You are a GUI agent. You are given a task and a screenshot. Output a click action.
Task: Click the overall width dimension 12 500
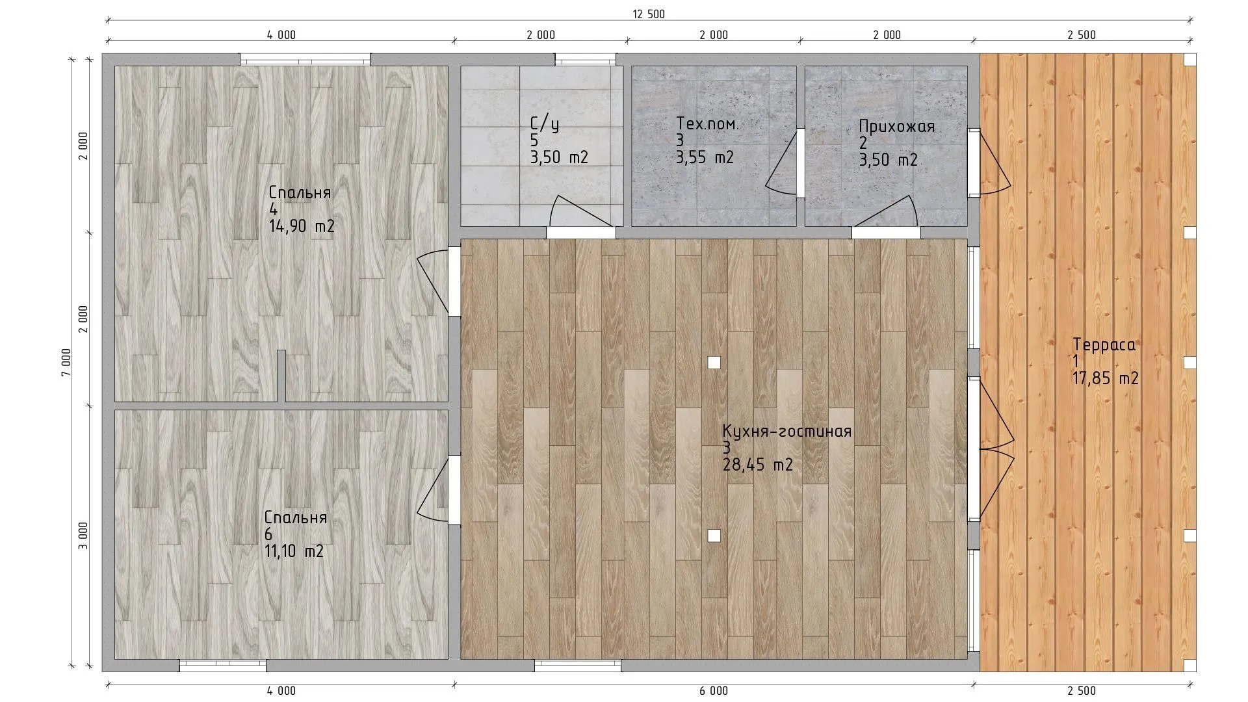648,14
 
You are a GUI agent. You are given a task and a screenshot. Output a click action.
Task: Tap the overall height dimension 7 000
66,363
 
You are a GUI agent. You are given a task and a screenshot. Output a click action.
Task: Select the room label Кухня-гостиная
786,432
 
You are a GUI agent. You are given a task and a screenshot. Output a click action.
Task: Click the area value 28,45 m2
758,465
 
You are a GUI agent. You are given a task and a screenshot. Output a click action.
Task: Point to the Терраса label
1104,345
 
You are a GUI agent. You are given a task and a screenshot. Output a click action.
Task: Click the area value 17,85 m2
1106,378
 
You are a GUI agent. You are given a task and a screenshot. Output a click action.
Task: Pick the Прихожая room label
897,127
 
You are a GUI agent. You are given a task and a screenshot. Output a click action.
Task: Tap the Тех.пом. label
707,123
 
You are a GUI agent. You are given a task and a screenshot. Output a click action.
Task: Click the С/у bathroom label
545,124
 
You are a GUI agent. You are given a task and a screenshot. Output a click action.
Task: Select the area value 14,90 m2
302,226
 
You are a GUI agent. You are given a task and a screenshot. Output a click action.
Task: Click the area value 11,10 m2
294,551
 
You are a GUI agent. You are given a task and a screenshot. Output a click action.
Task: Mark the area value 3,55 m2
705,157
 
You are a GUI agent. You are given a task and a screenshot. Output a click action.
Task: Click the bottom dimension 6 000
714,691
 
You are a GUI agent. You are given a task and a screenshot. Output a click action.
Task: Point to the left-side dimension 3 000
83,536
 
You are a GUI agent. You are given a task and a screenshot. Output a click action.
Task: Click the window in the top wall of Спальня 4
305,59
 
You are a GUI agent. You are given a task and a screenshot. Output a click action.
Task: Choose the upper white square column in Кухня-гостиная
714,363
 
